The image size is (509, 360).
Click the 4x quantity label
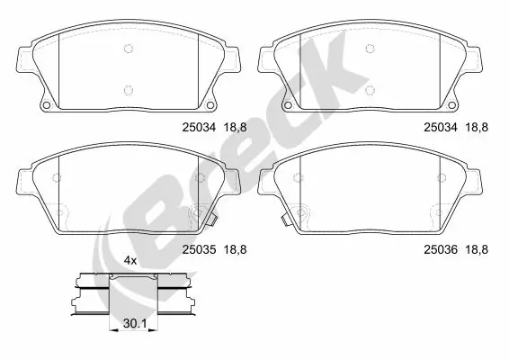(129, 260)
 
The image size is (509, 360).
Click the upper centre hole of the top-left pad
(128, 49)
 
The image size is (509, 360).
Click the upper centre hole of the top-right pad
(371, 49)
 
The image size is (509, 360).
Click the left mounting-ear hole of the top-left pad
(45, 110)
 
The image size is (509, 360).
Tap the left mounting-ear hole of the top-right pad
(288, 110)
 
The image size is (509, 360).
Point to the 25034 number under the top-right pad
(442, 129)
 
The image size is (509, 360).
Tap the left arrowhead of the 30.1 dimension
(112, 329)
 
